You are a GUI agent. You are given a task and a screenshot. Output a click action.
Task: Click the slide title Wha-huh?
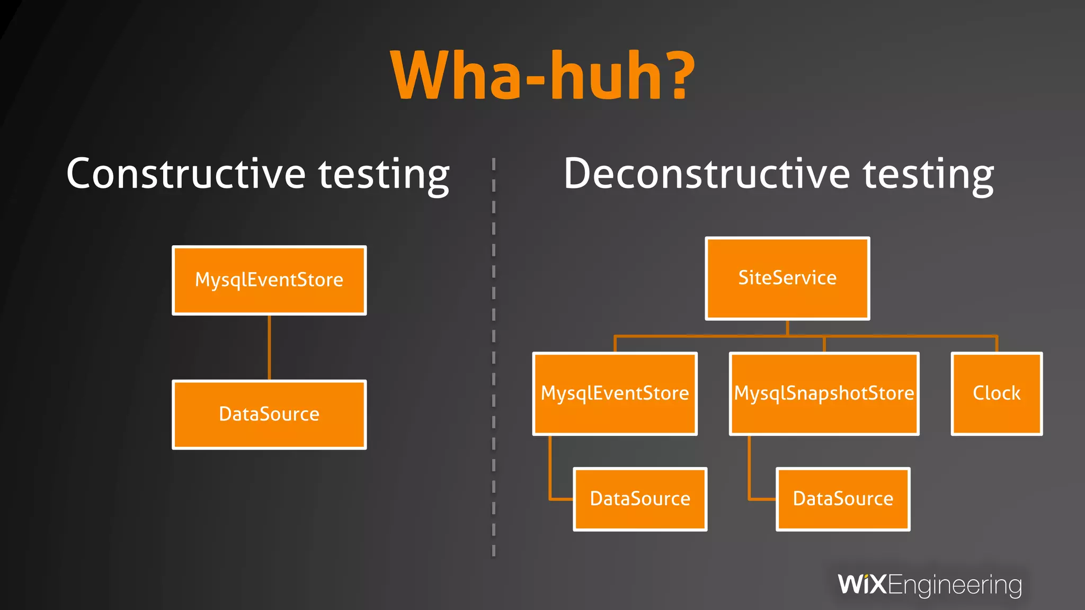coord(542,75)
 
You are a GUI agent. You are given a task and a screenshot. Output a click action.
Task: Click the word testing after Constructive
coord(384,175)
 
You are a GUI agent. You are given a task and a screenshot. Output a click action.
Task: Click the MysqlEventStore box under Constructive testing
coord(269,280)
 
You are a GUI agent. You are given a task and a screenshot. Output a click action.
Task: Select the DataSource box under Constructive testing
coord(269,414)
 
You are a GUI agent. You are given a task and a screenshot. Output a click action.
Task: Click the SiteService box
coord(787,278)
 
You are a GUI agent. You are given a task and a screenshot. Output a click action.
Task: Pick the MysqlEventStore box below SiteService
coord(615,393)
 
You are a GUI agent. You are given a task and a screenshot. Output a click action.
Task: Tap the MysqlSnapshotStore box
coord(824,393)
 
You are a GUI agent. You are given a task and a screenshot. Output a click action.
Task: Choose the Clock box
coord(997,393)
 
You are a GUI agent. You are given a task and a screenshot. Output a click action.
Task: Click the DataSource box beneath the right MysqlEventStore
coord(640,499)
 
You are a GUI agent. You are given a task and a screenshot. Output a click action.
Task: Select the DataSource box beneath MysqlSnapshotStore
coord(843,499)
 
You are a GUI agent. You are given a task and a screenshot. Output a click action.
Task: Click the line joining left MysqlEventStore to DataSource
coord(269,347)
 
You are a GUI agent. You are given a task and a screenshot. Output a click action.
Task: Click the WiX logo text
coord(862,585)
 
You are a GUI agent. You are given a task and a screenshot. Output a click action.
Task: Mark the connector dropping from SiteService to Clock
coord(996,343)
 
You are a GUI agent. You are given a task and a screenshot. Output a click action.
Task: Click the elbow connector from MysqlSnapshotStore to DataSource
coord(750,477)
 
